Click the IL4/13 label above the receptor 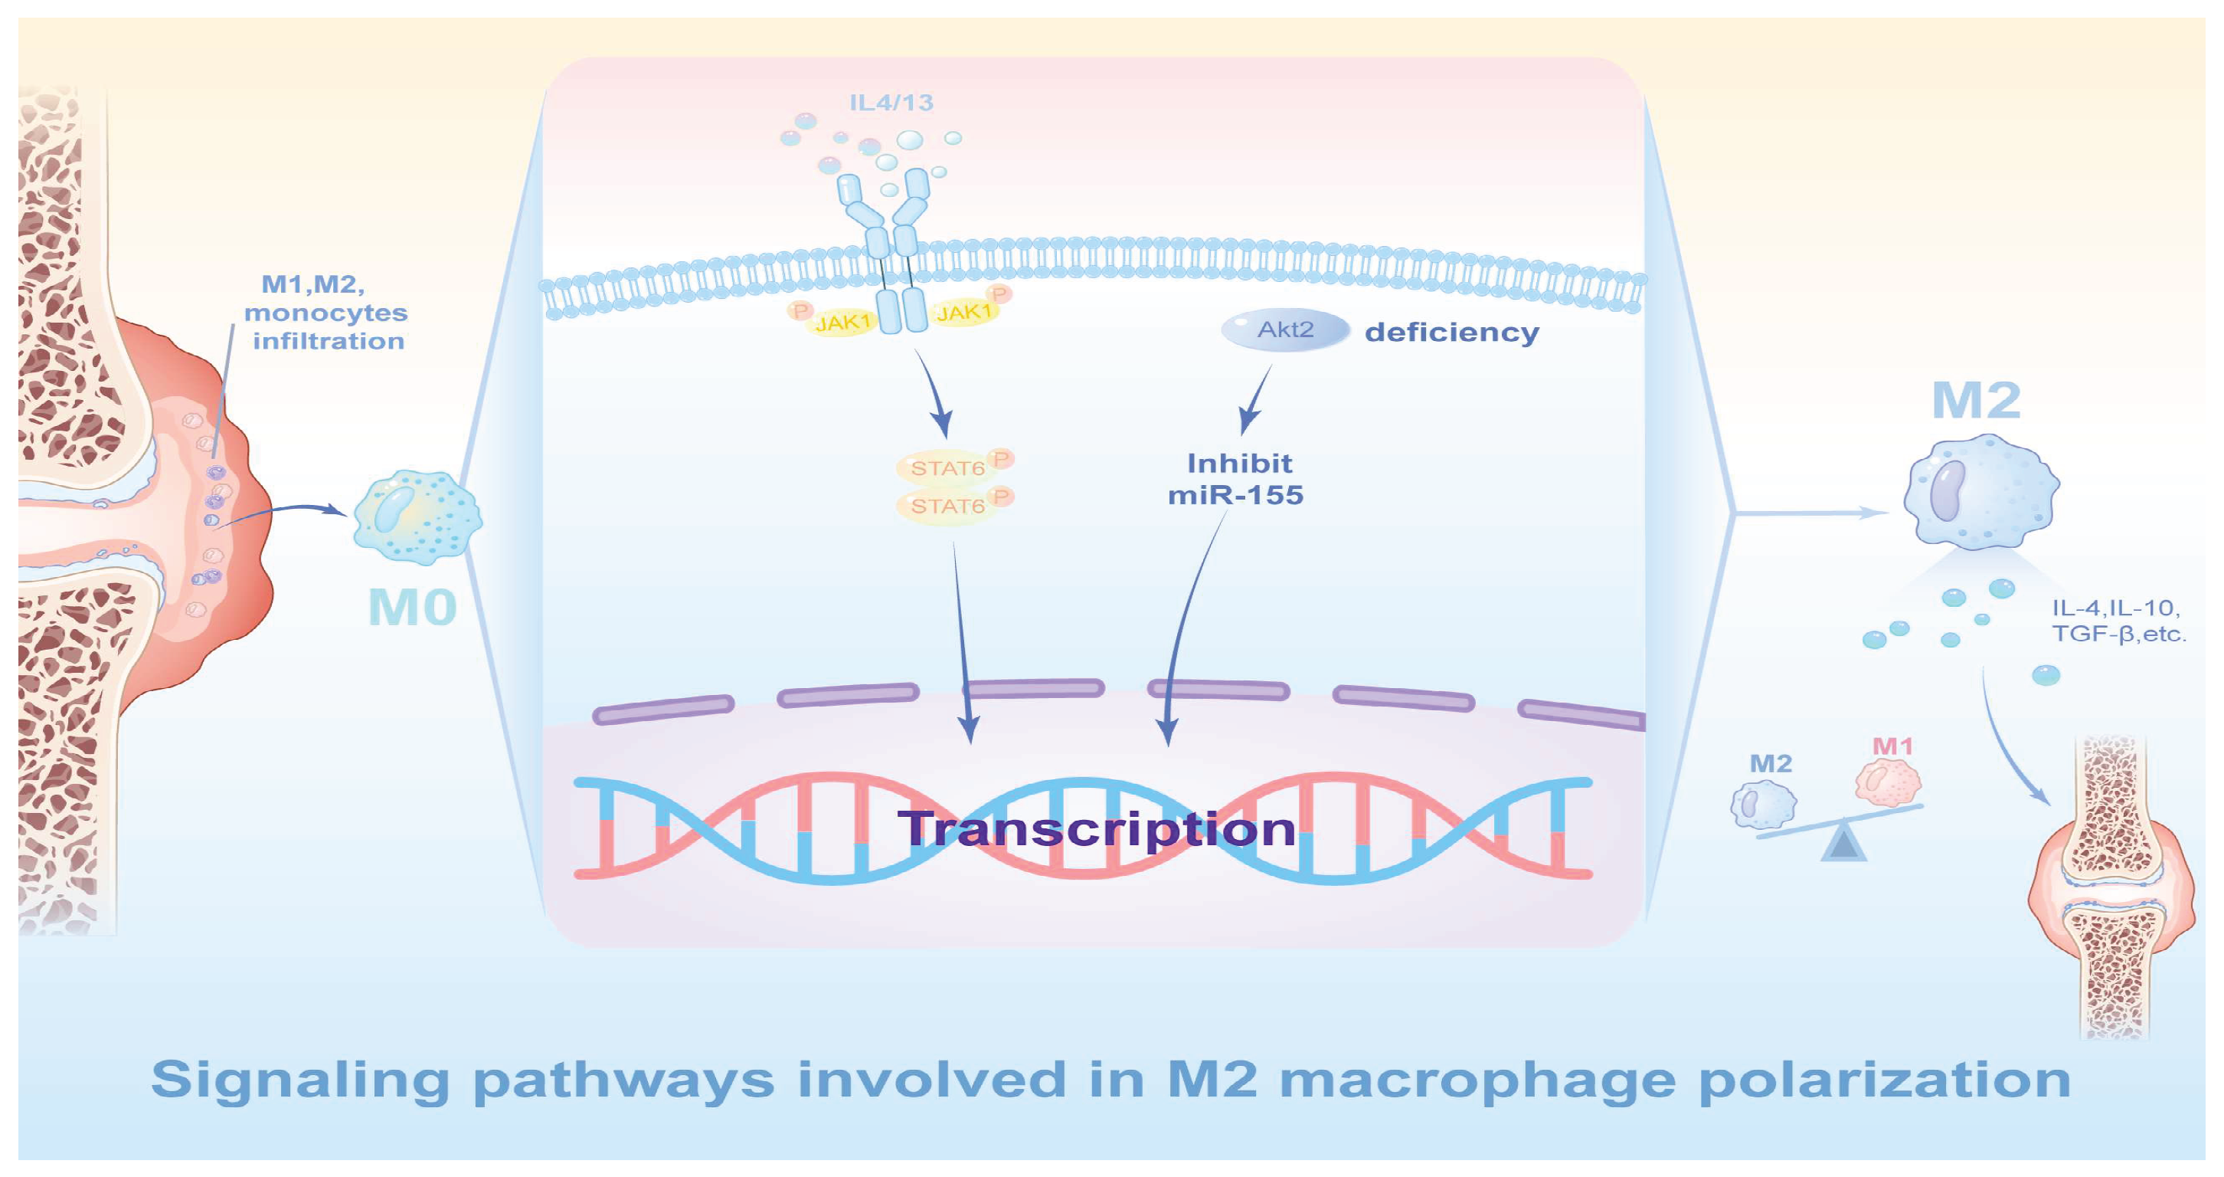coord(891,103)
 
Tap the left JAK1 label coord(842,322)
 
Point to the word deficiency coord(1451,333)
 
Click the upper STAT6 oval coord(948,468)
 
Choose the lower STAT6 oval coord(948,506)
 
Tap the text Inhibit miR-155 coord(1236,479)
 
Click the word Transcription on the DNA coord(1097,829)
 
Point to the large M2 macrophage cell coord(1981,491)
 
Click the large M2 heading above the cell coord(1976,401)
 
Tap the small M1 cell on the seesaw coord(1888,782)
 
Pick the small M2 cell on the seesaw coord(1764,804)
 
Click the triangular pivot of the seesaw coord(1843,844)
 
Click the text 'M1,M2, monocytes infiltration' coord(325,313)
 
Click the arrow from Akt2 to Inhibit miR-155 coord(1256,399)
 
